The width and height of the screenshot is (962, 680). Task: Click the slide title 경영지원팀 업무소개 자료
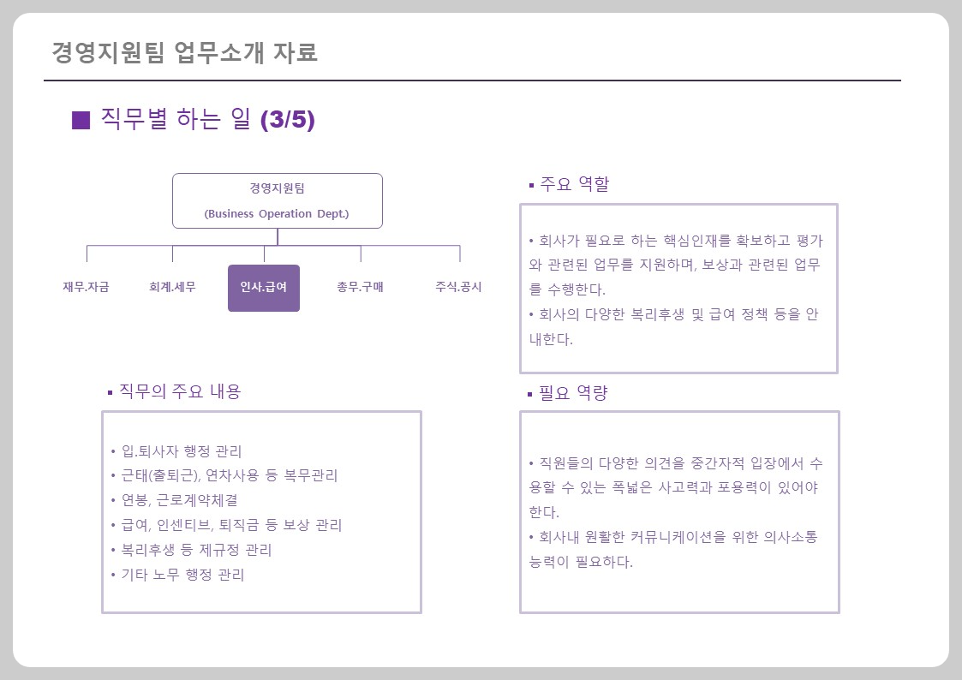[x=184, y=52]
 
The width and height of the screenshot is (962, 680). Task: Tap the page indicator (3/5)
[x=287, y=120]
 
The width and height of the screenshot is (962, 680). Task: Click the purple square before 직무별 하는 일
[x=81, y=120]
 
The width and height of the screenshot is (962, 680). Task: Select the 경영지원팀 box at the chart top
[x=277, y=200]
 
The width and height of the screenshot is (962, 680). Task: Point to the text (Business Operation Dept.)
[x=277, y=214]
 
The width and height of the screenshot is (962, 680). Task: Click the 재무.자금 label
[x=86, y=287]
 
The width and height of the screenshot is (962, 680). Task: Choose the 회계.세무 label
[x=172, y=287]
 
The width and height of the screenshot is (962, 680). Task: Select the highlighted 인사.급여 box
[x=264, y=288]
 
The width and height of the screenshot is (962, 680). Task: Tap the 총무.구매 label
[x=360, y=287]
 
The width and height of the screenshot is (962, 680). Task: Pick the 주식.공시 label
[x=458, y=287]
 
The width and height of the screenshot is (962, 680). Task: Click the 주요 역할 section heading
[x=574, y=184]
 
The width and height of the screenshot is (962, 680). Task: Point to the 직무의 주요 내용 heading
[x=179, y=391]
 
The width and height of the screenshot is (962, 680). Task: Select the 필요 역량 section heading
[x=573, y=393]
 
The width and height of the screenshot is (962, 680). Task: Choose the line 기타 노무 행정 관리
[x=182, y=575]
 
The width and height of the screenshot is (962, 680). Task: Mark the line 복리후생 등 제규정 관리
[x=196, y=550]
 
